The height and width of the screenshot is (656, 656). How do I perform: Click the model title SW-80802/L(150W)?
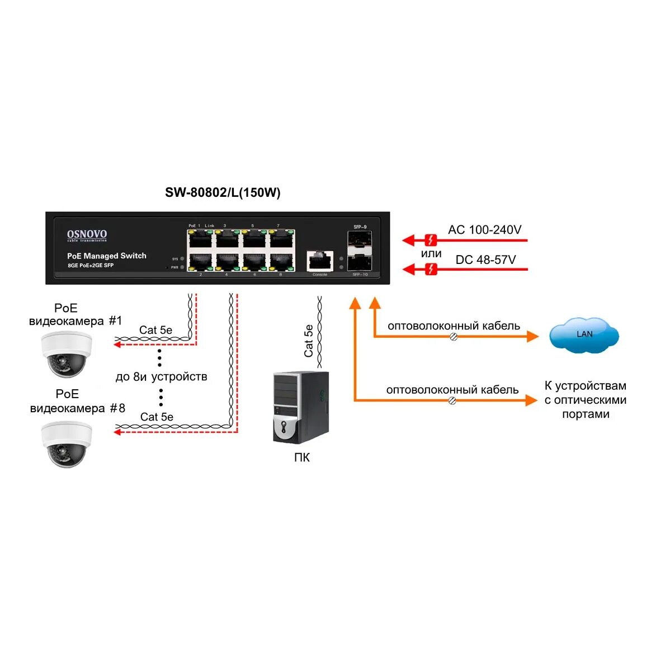click(223, 193)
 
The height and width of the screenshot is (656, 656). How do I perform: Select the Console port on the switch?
click(320, 261)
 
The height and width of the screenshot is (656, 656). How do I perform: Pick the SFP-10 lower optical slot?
click(359, 262)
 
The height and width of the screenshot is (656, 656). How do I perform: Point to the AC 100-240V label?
click(484, 230)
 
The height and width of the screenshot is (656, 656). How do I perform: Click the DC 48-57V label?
click(485, 260)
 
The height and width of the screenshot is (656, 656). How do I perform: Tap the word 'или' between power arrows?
click(431, 254)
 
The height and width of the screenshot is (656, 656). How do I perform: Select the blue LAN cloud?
click(584, 335)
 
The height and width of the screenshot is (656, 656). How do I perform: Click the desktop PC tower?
click(300, 407)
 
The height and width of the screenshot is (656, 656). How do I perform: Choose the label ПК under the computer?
click(301, 458)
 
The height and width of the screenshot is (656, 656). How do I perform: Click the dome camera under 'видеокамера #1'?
click(67, 354)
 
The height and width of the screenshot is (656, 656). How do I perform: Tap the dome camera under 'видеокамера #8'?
click(67, 443)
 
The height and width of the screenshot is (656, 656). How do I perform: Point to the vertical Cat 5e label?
click(308, 341)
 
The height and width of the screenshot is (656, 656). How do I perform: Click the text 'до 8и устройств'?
click(161, 377)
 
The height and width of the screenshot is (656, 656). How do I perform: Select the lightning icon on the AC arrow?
click(431, 240)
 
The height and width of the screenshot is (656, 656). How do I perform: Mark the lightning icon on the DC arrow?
click(431, 270)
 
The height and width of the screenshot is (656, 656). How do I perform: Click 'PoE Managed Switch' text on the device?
click(107, 256)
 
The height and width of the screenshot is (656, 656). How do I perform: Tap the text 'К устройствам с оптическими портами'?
click(585, 400)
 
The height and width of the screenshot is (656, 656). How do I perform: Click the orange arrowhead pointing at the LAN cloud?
click(532, 336)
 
